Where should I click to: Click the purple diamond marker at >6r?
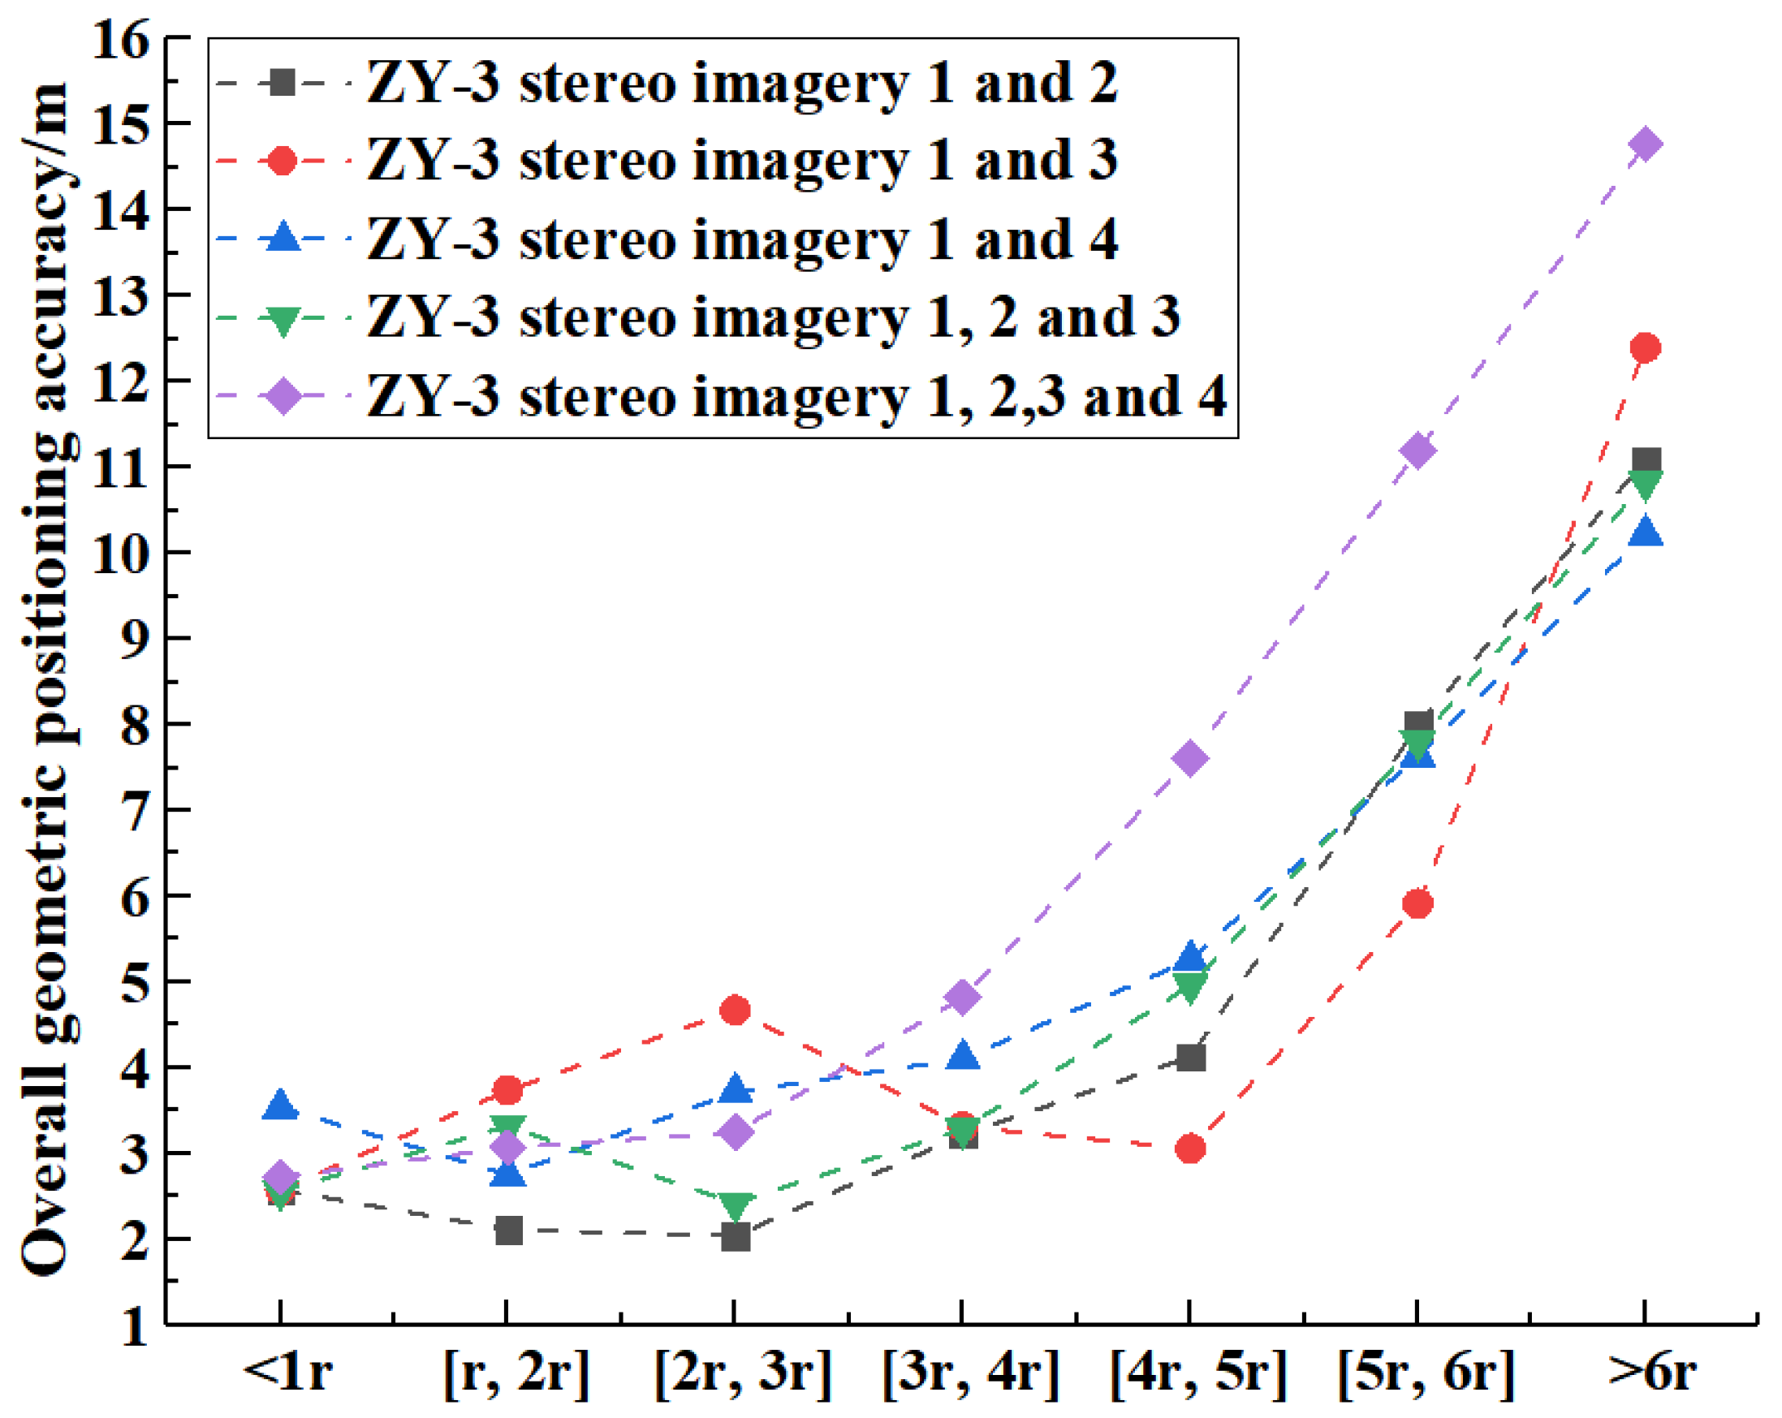1645,144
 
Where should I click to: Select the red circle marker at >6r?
1645,347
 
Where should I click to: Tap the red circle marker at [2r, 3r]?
735,1010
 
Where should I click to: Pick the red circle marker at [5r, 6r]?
1417,903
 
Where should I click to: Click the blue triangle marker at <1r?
280,1106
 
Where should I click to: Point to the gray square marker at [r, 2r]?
508,1231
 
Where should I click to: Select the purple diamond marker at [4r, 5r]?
1190,758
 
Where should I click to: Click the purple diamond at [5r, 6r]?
1417,450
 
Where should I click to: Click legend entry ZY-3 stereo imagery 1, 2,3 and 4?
796,396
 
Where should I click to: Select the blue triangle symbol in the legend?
283,238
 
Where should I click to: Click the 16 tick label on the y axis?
122,39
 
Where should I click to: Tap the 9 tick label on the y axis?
136,640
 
